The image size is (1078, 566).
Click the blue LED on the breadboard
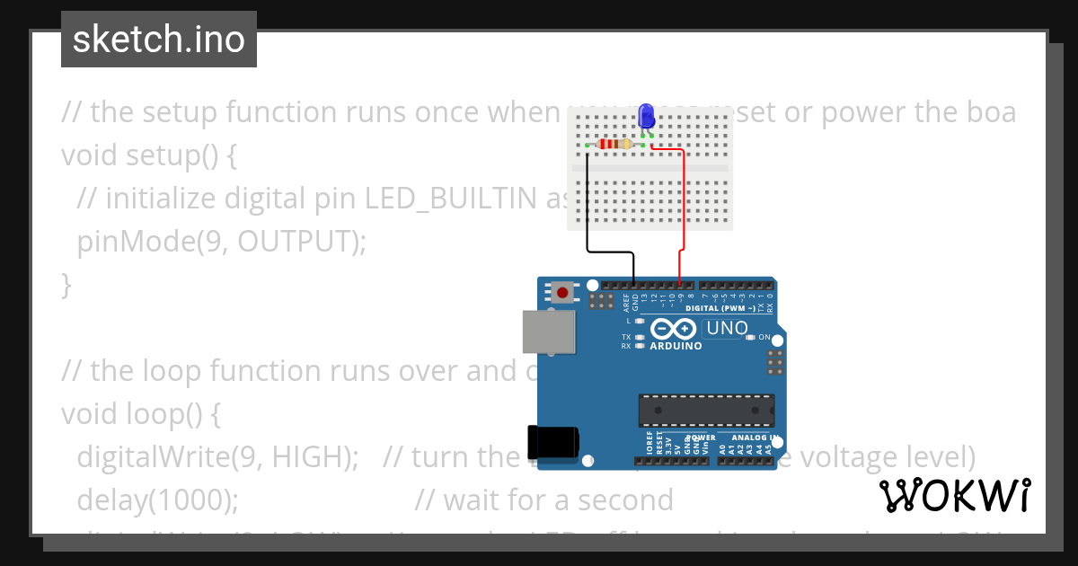646,116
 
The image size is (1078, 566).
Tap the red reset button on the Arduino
563,292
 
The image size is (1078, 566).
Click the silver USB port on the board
549,332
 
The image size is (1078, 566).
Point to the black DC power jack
552,443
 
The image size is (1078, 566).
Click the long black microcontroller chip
706,411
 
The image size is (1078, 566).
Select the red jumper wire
685,207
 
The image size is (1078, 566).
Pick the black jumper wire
588,207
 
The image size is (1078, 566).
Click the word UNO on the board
727,328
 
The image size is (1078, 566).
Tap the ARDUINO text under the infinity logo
675,346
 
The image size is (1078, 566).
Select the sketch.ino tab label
159,40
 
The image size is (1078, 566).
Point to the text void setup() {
149,155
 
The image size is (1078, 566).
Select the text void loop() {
141,413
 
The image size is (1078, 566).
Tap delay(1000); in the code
158,500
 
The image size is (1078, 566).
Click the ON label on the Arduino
764,338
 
